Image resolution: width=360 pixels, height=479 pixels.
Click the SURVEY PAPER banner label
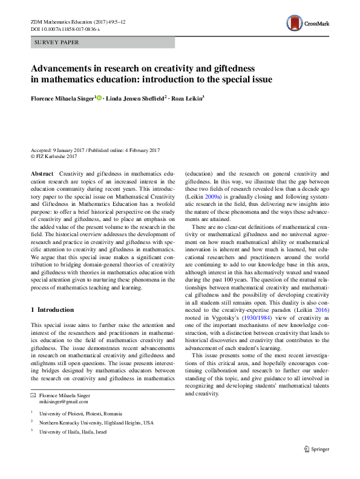point(57,42)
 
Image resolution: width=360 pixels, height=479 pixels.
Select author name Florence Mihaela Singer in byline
point(63,98)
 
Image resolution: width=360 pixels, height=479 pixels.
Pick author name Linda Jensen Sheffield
point(135,98)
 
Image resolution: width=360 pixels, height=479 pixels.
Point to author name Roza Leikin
point(187,98)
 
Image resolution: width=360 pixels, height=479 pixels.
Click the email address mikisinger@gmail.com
point(64,401)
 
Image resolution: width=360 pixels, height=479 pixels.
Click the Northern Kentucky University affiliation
point(96,422)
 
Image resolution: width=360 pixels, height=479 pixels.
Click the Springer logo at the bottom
point(318,448)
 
